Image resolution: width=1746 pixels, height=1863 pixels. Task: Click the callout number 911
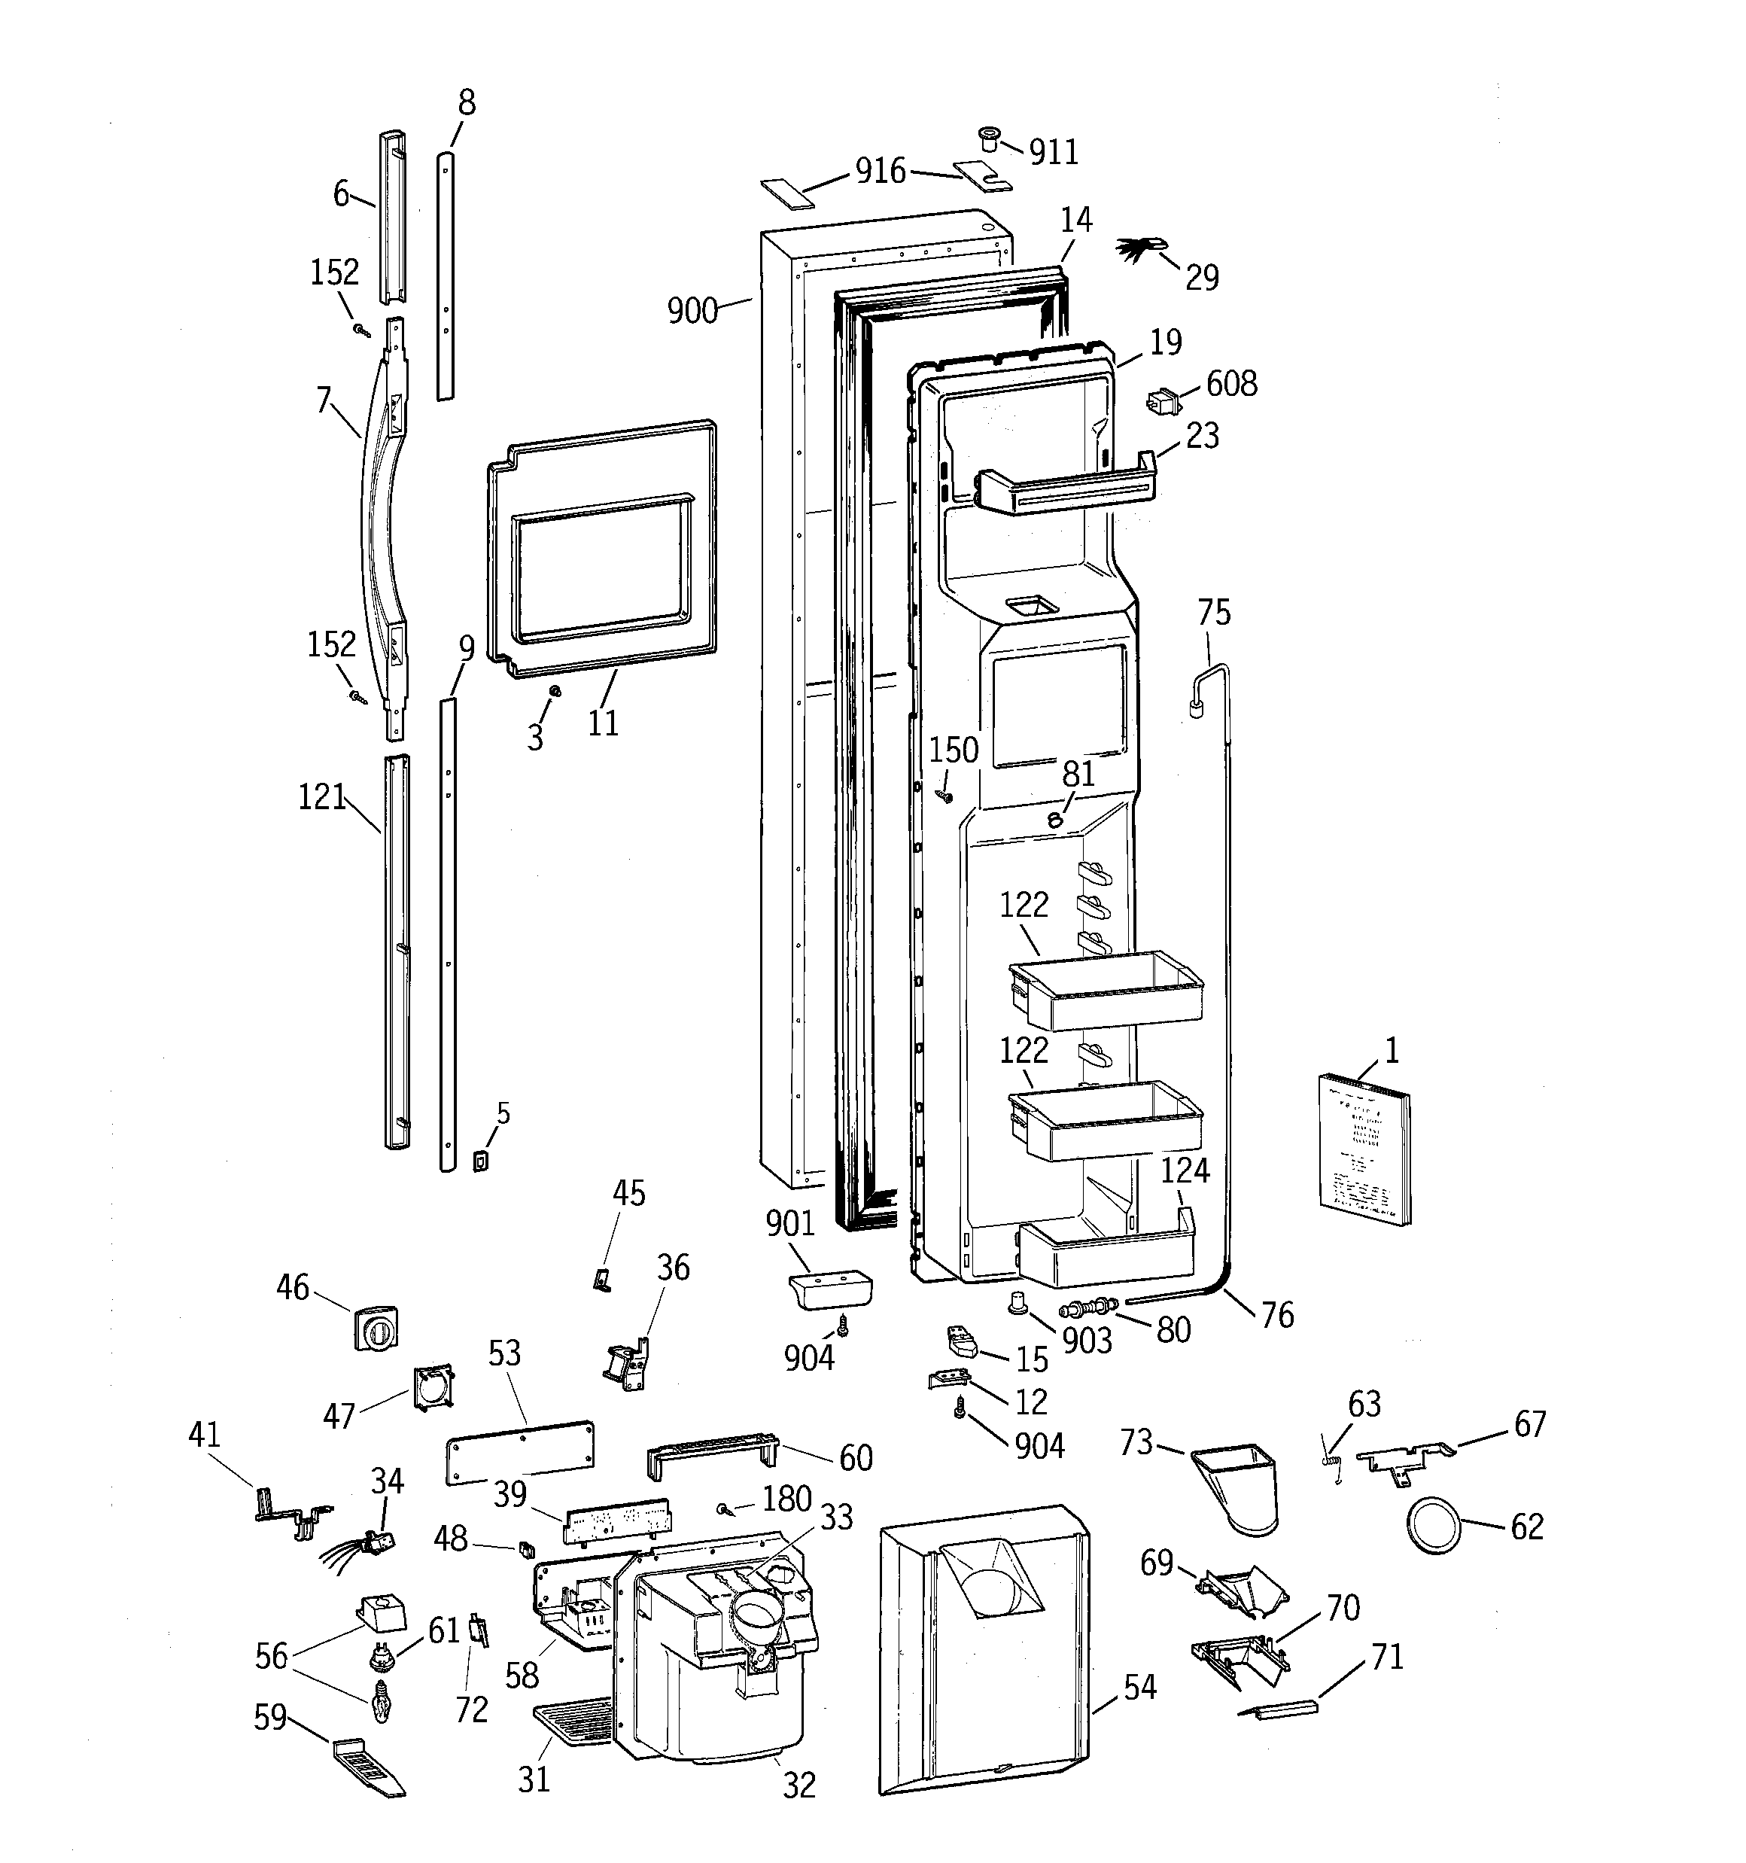coord(1054,152)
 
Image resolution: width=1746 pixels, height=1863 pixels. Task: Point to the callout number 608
coord(1231,383)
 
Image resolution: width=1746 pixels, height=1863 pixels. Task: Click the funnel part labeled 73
coord(1236,1487)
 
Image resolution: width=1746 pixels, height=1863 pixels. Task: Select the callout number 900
coord(692,310)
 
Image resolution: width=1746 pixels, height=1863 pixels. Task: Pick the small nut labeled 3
coord(554,691)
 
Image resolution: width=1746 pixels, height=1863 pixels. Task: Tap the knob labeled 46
coord(376,1328)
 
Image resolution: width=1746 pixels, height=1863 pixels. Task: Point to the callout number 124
coord(1185,1170)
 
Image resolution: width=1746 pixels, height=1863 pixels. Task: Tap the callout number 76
coord(1277,1315)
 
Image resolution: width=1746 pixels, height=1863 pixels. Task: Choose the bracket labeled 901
coord(829,1290)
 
